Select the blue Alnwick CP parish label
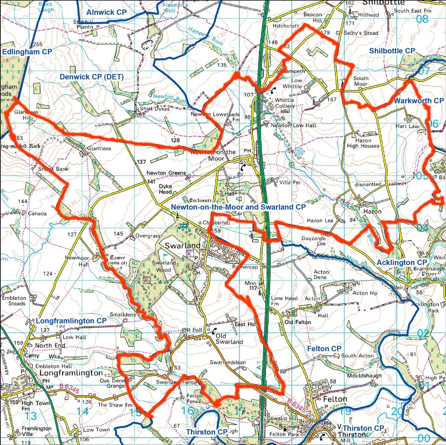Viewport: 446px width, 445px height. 106,12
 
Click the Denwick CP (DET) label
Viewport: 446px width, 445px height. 91,77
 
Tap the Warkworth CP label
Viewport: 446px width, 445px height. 418,101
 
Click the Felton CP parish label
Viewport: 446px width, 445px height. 324,349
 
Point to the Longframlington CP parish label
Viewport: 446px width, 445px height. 71,320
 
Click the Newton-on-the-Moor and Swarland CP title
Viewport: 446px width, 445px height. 238,206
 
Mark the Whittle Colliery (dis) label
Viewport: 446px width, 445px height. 284,102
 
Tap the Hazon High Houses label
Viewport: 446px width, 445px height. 363,143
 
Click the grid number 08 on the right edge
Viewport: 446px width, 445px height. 423,19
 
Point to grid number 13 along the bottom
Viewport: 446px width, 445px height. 32,415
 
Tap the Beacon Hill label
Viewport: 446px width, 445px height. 313,17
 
